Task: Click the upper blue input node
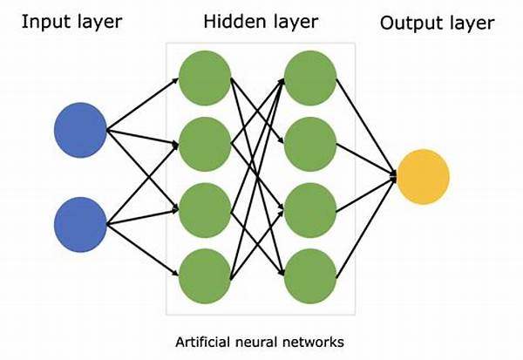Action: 80,129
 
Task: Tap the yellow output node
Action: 424,176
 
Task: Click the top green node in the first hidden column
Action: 203,77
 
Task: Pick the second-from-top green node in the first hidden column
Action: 203,143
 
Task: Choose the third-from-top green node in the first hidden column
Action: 203,209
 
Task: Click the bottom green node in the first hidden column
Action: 203,275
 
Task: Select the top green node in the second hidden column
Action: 309,77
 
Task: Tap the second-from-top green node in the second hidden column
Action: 309,143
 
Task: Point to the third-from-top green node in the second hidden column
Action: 309,209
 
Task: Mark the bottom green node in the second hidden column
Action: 309,275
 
